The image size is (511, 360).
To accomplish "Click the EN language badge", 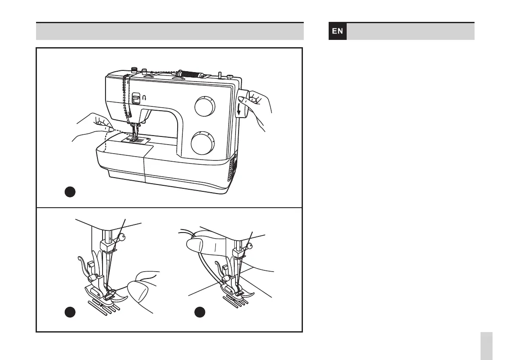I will [338, 31].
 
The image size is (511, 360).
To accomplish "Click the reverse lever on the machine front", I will [136, 99].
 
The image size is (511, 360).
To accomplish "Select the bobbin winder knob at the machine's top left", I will [134, 69].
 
